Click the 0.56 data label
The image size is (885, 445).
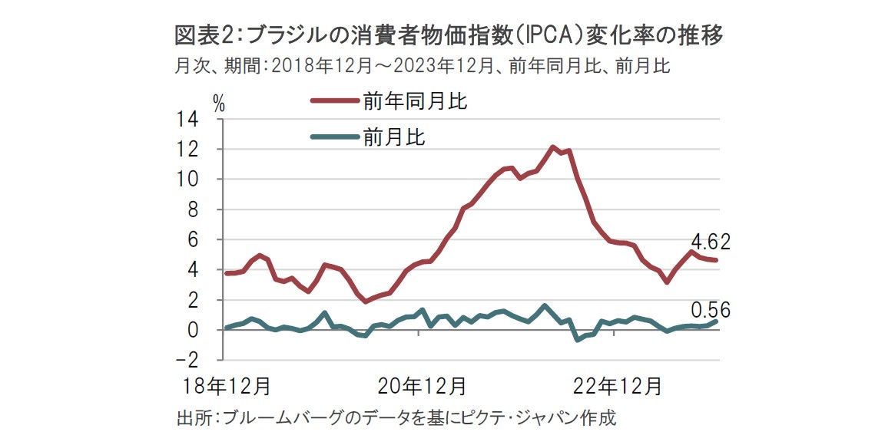[x=711, y=311]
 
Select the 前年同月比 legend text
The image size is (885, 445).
[x=415, y=101]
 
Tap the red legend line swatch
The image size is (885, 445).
[x=336, y=101]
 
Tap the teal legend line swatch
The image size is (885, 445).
[x=336, y=137]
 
